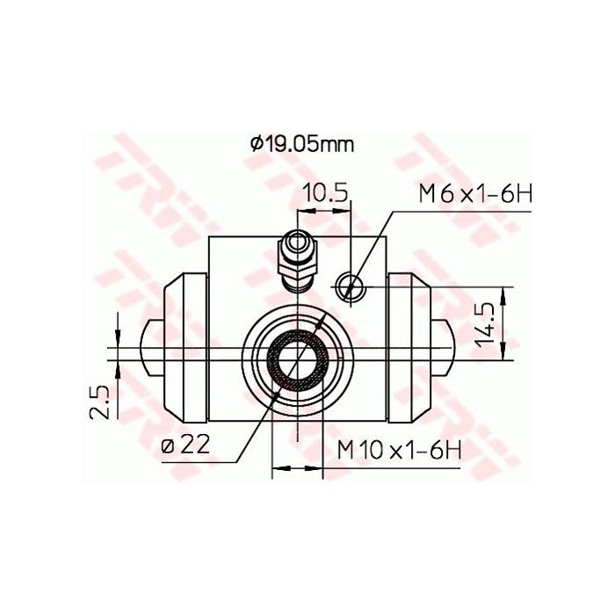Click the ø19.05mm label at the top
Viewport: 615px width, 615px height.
(301, 144)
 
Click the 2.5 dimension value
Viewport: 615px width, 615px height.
(101, 402)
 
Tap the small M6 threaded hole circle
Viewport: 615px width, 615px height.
(350, 284)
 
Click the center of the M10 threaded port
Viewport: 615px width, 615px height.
(299, 358)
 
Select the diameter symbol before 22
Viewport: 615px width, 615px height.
(167, 445)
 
